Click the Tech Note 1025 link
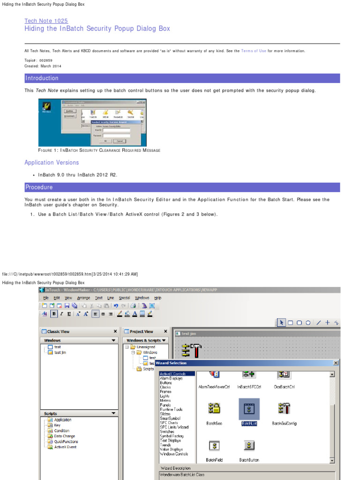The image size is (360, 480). click(x=46, y=21)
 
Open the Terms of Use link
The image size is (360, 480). click(x=254, y=51)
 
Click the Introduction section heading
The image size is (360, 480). click(x=42, y=78)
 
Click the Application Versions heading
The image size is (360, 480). click(x=52, y=163)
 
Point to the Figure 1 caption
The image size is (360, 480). click(x=99, y=150)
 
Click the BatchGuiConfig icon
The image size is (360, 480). click(x=284, y=408)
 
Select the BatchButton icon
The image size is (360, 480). click(x=249, y=445)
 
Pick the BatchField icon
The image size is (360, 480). click(x=214, y=445)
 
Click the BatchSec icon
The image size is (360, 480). click(x=214, y=408)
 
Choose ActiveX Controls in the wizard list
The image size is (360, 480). click(x=173, y=374)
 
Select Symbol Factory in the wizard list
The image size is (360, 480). click(x=173, y=436)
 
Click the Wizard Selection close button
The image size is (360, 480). click(x=336, y=363)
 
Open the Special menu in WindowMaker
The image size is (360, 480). click(x=124, y=298)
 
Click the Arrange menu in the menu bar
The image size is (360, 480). click(x=84, y=298)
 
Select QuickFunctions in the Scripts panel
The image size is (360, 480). click(x=66, y=442)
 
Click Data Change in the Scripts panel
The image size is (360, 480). click(x=64, y=436)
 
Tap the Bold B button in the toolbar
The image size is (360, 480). click(x=54, y=314)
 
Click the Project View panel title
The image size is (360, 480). click(x=141, y=331)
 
